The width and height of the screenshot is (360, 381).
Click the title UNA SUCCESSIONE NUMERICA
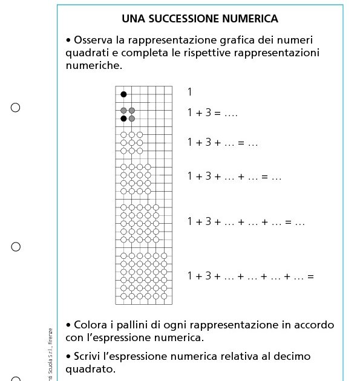click(200, 19)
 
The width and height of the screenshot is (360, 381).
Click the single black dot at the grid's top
click(123, 94)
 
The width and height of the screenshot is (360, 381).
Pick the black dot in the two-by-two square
click(123, 119)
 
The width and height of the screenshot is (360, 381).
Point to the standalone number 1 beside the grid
click(189, 92)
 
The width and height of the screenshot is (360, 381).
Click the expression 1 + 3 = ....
click(213, 112)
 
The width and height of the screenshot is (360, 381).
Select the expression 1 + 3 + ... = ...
click(223, 143)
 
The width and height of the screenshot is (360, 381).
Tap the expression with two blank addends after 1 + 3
click(234, 177)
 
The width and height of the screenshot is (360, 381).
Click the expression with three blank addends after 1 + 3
click(246, 222)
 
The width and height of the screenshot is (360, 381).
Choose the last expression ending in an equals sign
click(250, 276)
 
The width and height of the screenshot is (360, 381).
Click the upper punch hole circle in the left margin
click(16, 108)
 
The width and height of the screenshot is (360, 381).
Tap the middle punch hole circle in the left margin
click(16, 247)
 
